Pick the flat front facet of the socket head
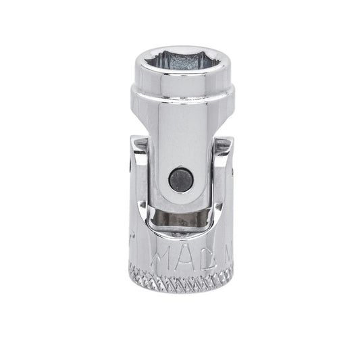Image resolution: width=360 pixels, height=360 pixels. [x=180, y=91]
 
